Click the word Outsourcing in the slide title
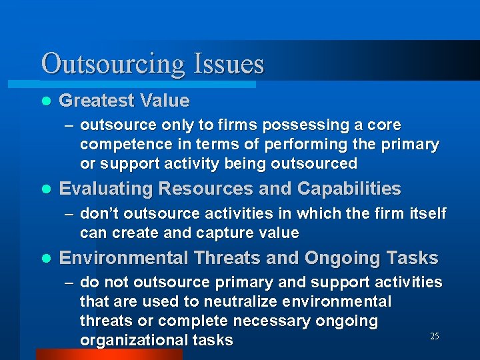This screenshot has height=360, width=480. (x=113, y=64)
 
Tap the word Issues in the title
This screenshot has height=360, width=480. (x=229, y=64)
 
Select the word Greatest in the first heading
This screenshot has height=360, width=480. (x=96, y=101)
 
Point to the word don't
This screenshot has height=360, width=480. (x=100, y=213)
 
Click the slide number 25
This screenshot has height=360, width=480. (x=434, y=337)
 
